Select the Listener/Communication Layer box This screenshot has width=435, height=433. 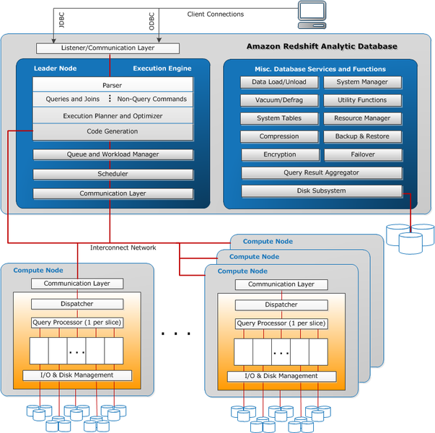[x=107, y=48]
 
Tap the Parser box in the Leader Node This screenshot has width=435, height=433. [x=113, y=85]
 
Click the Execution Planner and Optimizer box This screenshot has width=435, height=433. [x=113, y=115]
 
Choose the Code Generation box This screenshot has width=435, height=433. [x=113, y=131]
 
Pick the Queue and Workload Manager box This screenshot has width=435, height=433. [x=113, y=154]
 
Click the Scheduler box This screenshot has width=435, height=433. [x=113, y=174]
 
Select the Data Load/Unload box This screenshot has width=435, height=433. [x=278, y=82]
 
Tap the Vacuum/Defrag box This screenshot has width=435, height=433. [x=278, y=100]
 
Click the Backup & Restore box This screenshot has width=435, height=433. [x=362, y=136]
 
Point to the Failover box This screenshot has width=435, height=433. [x=362, y=154]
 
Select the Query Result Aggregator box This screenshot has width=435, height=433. [x=321, y=173]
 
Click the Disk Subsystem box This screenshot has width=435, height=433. [x=321, y=191]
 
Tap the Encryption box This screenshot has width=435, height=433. [x=278, y=154]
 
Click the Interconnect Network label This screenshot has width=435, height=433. [x=123, y=248]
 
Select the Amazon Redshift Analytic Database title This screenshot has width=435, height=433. [x=322, y=46]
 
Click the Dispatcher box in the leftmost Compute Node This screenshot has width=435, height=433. [x=76, y=304]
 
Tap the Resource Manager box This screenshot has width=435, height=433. [x=362, y=118]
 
